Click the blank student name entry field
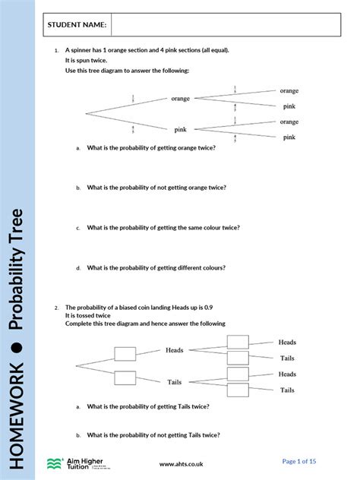coord(224,25)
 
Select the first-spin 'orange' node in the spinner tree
coord(181,99)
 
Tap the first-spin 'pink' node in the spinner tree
coord(181,130)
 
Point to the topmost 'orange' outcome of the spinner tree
coord(289,90)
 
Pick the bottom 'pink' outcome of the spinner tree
coord(289,137)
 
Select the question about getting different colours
coord(156,267)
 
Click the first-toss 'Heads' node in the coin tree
coord(175,350)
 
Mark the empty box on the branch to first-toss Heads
coord(125,352)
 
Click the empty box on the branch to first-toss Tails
coord(125,377)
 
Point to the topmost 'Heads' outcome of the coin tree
coord(287,343)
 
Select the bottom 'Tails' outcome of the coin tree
coord(287,390)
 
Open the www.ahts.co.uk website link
coord(182,463)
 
